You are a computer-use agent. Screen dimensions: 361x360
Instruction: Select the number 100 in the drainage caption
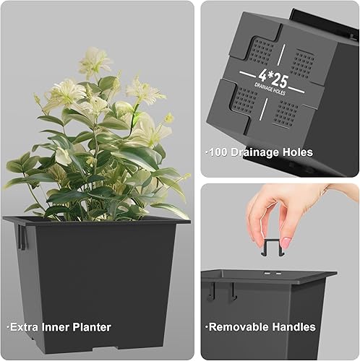click(219, 152)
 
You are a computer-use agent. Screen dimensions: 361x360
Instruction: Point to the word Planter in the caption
click(91, 327)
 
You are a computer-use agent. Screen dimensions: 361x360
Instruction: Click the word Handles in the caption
click(295, 327)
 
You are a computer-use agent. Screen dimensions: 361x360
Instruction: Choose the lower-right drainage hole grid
click(287, 113)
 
